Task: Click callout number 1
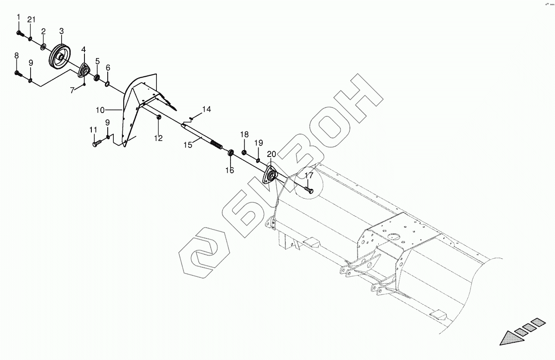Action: [19, 17]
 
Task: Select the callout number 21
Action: [31, 20]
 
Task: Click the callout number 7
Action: [72, 89]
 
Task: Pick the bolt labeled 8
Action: [19, 74]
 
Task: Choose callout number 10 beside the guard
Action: [100, 110]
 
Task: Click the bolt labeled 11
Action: [96, 144]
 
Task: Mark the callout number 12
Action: [158, 138]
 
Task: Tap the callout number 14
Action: [206, 110]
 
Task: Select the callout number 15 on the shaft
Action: [187, 145]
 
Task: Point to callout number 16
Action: [230, 170]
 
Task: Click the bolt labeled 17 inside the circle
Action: [309, 189]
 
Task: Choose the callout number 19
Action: [258, 143]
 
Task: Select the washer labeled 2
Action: [44, 46]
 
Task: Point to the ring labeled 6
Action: [107, 82]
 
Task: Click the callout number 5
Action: [97, 61]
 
